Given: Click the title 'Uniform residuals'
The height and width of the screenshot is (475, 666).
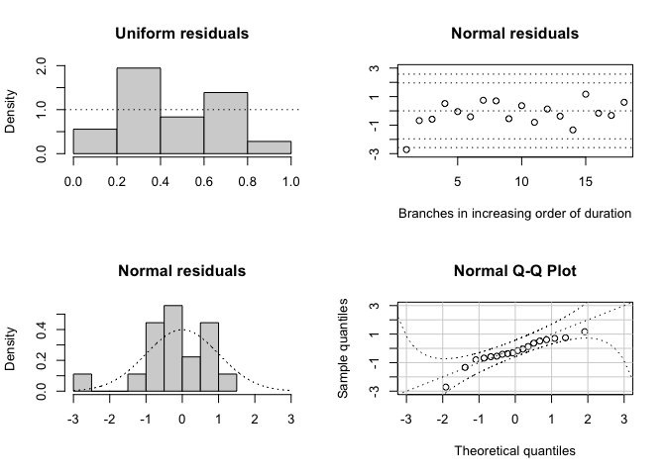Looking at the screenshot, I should point(181,35).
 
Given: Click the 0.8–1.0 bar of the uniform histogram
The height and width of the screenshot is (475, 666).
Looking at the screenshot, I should point(269,147).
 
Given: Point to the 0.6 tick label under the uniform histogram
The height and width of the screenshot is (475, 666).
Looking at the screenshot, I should point(203,182).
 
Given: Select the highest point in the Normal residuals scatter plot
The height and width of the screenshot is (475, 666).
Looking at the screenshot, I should point(586,95).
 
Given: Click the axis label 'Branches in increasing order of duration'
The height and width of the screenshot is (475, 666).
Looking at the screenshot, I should point(514,213).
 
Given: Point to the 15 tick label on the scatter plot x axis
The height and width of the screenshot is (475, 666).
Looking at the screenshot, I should point(586,182).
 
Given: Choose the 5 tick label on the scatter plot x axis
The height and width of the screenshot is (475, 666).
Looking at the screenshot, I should point(458,182).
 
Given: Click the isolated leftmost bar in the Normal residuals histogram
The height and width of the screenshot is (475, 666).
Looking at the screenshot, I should point(82,382).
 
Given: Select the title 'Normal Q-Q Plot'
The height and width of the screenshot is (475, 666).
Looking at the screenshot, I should point(514,271).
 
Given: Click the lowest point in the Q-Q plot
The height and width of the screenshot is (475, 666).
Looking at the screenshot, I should point(446,387).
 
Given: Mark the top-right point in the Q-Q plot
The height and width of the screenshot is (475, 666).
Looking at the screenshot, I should point(585,332).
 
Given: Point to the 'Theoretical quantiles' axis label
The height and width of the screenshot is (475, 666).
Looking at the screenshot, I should point(514,450).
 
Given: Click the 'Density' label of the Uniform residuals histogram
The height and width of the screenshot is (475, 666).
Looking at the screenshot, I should point(12,112).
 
